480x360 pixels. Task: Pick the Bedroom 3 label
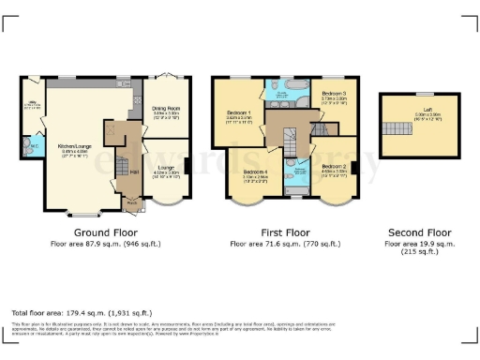point(335,95)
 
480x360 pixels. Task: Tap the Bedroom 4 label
point(255,173)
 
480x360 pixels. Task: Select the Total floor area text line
point(71,312)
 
